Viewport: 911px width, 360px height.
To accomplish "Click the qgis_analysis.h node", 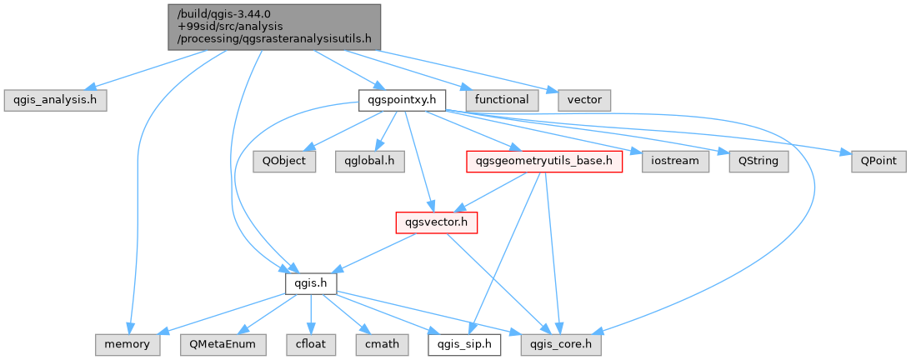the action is (55, 101).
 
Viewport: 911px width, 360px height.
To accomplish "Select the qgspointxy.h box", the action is (402, 101).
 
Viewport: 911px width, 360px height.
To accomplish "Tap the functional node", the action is (502, 101).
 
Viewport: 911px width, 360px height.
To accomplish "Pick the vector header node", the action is (584, 101).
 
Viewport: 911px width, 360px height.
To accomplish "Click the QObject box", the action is (284, 161).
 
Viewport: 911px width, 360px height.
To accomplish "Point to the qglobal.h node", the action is (369, 161).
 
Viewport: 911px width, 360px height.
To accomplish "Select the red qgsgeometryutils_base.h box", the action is (544, 161).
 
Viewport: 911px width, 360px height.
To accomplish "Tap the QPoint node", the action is (878, 161).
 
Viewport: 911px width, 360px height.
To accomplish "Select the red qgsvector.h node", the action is (436, 222).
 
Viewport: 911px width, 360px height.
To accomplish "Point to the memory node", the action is (128, 345).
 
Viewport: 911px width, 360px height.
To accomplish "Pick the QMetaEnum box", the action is (222, 345).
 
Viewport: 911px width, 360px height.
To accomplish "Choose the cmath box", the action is (382, 345).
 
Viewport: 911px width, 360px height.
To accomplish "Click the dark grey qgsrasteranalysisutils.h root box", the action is (274, 27).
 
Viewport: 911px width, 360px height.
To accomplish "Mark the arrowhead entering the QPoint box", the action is (847, 152).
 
